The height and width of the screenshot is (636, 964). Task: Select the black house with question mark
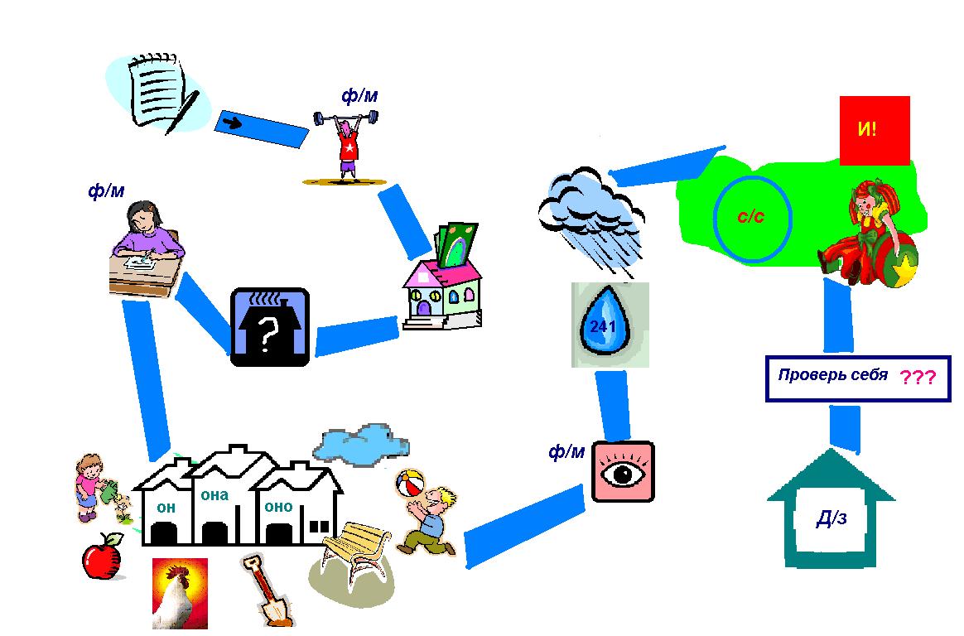pos(269,327)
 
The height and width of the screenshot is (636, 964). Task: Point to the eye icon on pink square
pos(624,472)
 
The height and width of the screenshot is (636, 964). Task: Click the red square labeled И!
pos(875,130)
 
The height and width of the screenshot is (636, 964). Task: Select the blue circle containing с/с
pos(753,216)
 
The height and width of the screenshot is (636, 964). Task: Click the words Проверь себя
pos(832,374)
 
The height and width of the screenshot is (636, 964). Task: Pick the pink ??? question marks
pos(918,378)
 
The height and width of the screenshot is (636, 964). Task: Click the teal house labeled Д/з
pos(831,518)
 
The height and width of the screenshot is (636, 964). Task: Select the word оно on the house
pos(278,506)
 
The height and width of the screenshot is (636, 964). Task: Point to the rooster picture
pos(180,593)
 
